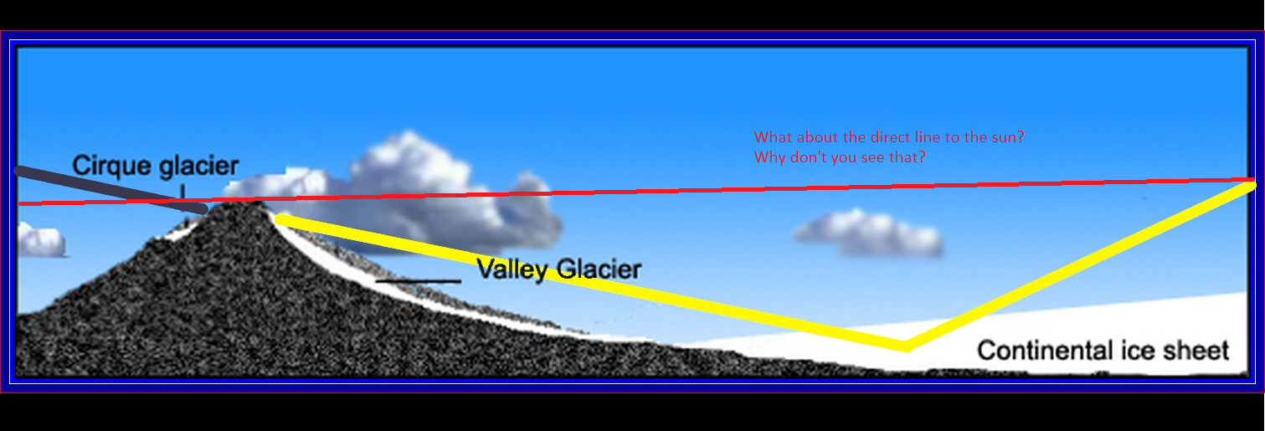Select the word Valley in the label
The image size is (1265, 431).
[512, 269]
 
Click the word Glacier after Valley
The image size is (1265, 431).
[599, 269]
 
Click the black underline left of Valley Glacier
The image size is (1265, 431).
[419, 280]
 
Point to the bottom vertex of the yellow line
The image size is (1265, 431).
[906, 346]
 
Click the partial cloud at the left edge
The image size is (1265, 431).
[41, 239]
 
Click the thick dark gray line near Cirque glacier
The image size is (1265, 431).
[111, 189]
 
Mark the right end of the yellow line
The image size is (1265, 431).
[1251, 185]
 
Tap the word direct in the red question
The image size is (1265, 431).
[892, 137]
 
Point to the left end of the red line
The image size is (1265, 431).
[19, 203]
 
